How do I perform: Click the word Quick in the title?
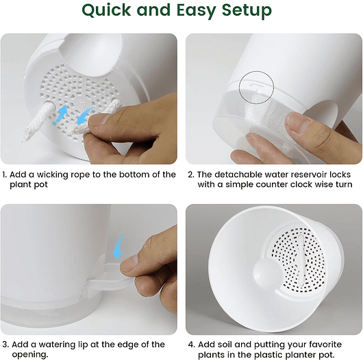(110, 12)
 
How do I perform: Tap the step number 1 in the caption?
(4, 175)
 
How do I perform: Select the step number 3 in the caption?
(4, 345)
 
